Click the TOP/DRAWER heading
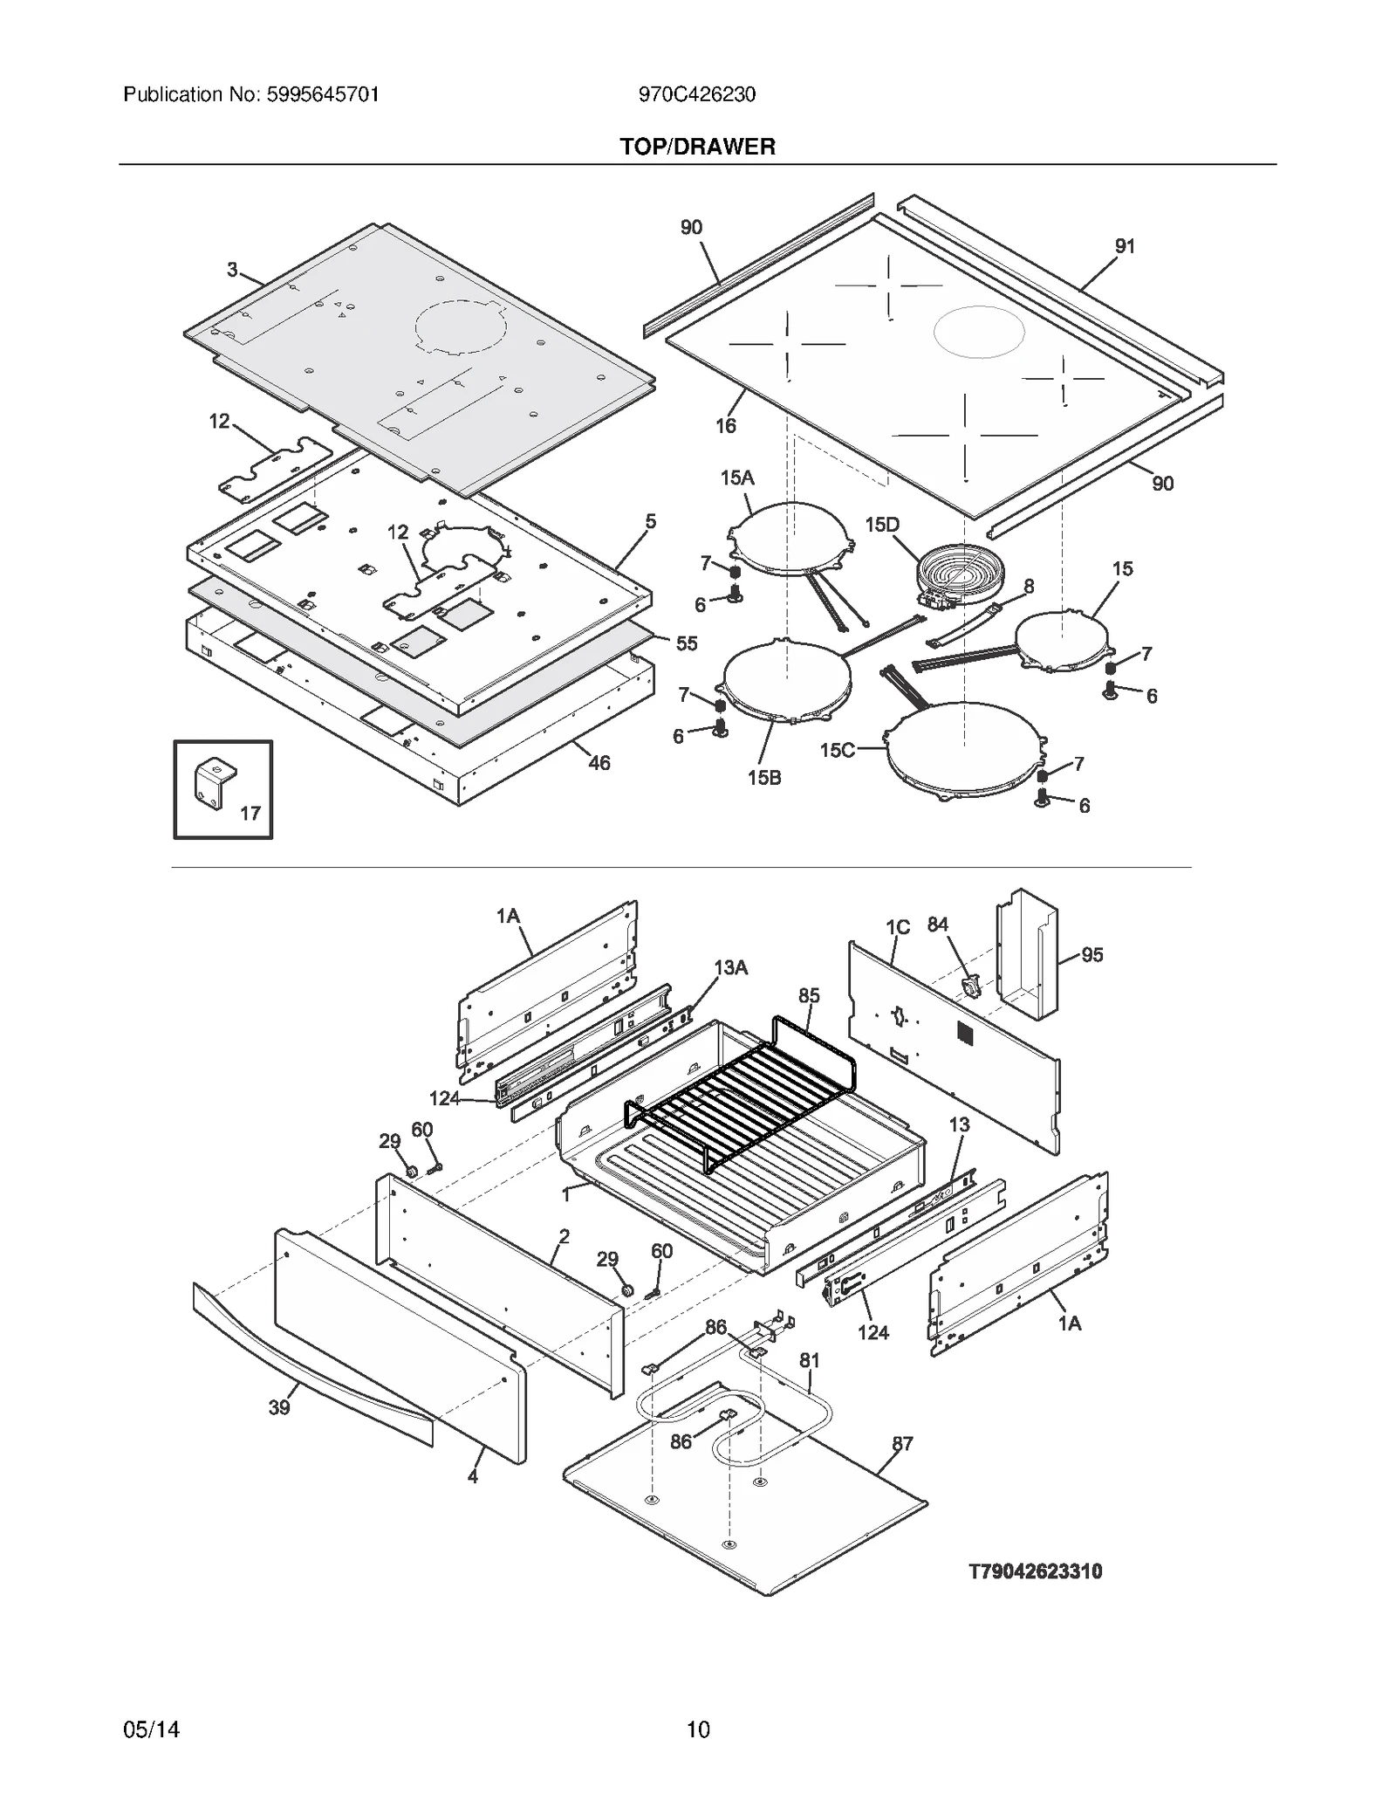tap(697, 147)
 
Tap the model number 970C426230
tap(696, 94)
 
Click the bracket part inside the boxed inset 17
tap(213, 782)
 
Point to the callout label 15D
tap(881, 525)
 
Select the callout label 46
tap(599, 763)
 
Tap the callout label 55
tap(687, 643)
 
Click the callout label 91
tap(1125, 246)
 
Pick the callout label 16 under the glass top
tap(725, 425)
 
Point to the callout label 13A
tap(730, 967)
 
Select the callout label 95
tap(1091, 955)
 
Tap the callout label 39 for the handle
tap(279, 1406)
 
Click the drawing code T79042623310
tap(1035, 1571)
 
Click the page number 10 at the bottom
tap(697, 1729)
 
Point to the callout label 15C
tap(836, 750)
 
